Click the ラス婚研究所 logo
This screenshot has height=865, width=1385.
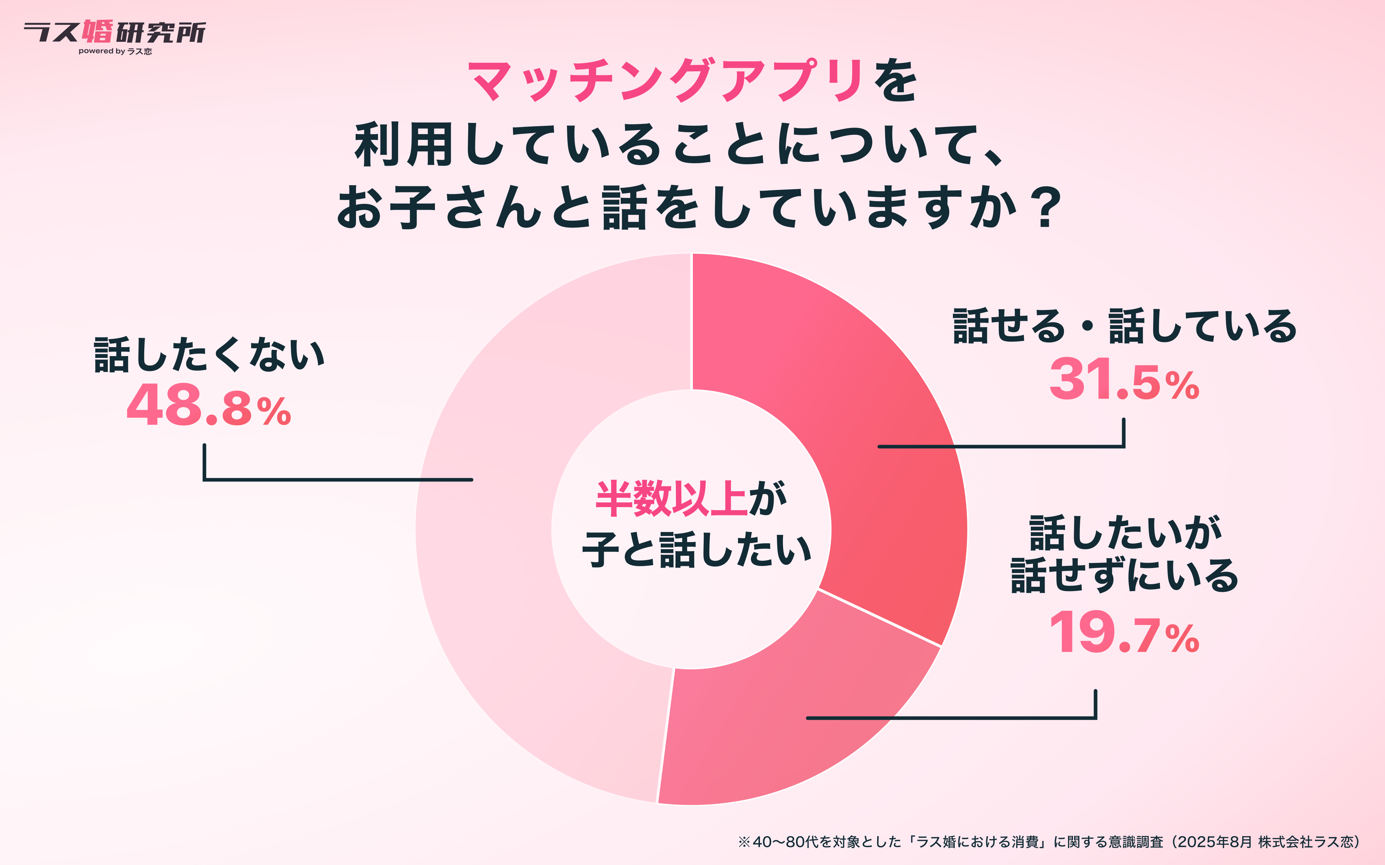[114, 32]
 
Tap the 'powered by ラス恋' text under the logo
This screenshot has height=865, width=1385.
[115, 52]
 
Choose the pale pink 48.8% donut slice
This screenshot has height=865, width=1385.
[515, 572]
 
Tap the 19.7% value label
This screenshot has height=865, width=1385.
[1124, 633]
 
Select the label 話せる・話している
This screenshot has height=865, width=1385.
[1124, 327]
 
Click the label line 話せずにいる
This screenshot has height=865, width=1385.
[1124, 576]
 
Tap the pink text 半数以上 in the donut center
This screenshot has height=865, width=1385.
[671, 499]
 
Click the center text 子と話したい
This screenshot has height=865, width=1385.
[696, 550]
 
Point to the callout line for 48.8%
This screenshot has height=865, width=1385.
[338, 479]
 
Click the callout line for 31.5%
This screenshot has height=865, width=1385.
[1002, 446]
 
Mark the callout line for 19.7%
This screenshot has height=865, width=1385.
[950, 717]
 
